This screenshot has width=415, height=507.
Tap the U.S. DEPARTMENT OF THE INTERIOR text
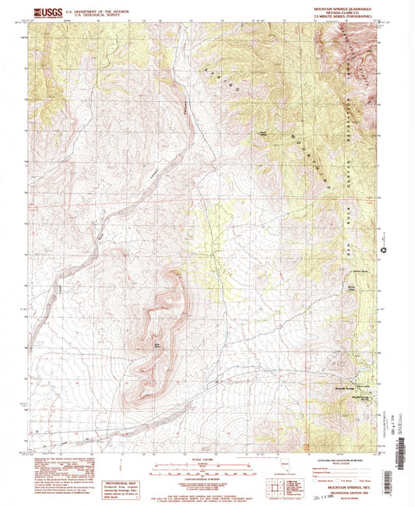(x=97, y=11)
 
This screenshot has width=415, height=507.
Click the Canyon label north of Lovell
(x=186, y=104)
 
